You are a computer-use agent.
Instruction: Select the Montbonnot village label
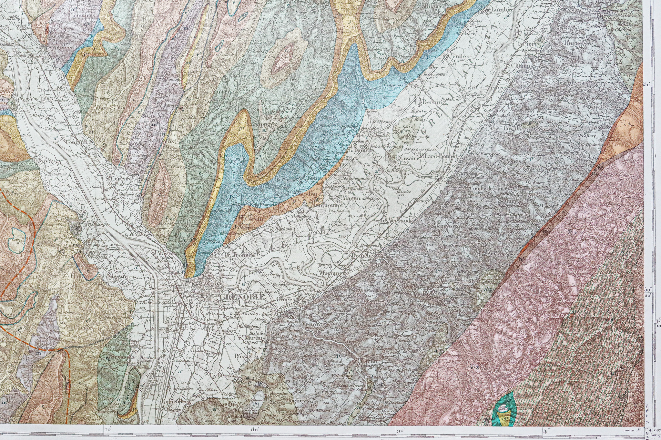click(x=327, y=205)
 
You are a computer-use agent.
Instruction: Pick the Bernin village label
click(x=432, y=102)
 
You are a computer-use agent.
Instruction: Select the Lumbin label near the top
click(x=501, y=10)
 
